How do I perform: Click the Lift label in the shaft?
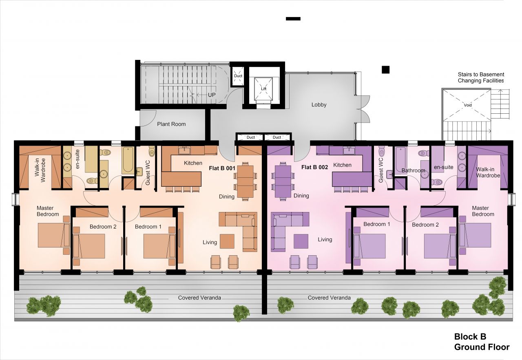(x=263, y=89)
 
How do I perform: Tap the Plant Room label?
(x=171, y=124)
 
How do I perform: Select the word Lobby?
(x=319, y=105)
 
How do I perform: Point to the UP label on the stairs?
(x=212, y=95)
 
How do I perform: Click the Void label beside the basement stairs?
(x=468, y=105)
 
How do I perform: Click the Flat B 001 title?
(x=222, y=168)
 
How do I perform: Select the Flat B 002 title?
(x=314, y=167)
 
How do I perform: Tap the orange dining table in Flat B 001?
(x=246, y=181)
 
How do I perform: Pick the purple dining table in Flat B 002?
(x=283, y=181)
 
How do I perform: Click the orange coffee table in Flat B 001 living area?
(x=227, y=241)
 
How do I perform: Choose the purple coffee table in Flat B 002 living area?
(x=301, y=241)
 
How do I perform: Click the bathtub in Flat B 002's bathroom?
(x=401, y=159)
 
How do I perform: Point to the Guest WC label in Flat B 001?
(x=148, y=172)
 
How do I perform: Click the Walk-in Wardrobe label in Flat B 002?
(x=488, y=172)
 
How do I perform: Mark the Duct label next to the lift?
(x=238, y=76)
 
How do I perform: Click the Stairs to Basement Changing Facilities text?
(x=481, y=77)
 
